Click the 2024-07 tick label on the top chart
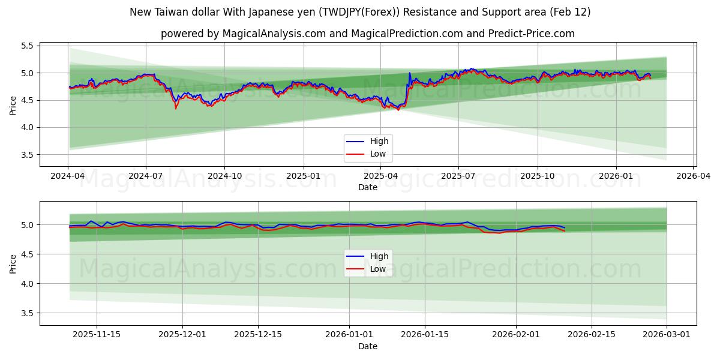pos(146,176)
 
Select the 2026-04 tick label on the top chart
pos(694,176)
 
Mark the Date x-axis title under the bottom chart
pos(368,346)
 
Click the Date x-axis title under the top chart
pos(368,187)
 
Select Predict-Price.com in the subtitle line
pos(530,34)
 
